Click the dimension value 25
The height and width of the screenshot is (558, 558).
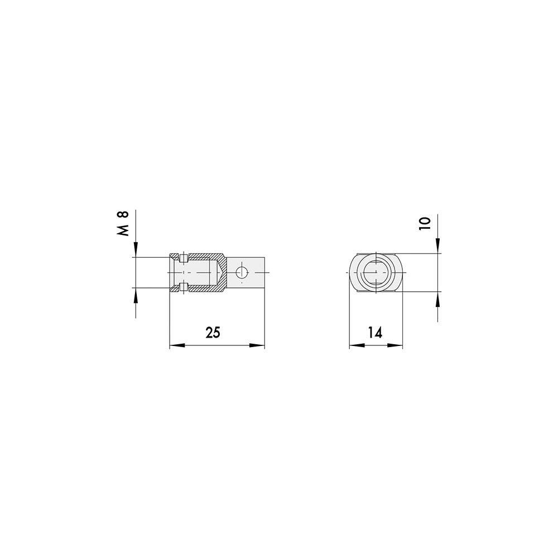pos(213,333)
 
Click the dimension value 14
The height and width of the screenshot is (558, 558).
pos(375,333)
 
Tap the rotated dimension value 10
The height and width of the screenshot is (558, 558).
pos(425,223)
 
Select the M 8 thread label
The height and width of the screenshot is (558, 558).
pos(123,224)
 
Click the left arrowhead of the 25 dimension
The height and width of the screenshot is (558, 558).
pos(177,345)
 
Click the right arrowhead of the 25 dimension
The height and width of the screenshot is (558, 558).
pos(257,345)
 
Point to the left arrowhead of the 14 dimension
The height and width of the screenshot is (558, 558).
pos(357,345)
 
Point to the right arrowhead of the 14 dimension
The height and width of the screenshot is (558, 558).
pos(395,345)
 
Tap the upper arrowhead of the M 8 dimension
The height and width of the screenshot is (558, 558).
pos(135,249)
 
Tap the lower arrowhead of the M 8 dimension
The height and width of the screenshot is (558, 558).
pos(135,295)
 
